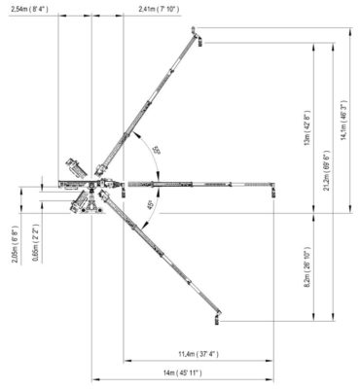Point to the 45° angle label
pos(149,205)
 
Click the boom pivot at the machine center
pos(97,182)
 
